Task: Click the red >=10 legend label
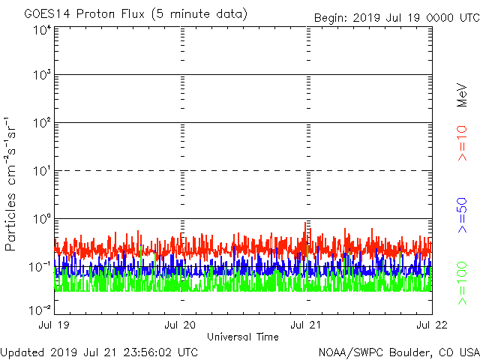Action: (x=462, y=143)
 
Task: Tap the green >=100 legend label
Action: (x=462, y=283)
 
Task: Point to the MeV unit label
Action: (x=462, y=93)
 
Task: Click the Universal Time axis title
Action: (x=242, y=337)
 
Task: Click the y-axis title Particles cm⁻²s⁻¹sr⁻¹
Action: (x=13, y=183)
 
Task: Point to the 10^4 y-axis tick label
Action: (x=40, y=30)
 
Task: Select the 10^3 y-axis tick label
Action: (x=40, y=76)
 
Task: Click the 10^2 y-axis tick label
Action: (x=40, y=124)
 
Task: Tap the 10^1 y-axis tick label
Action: (x=40, y=172)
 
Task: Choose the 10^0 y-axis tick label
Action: (x=40, y=220)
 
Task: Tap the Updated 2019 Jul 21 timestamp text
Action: (x=99, y=352)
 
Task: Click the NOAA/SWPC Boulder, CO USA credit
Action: (x=398, y=352)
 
